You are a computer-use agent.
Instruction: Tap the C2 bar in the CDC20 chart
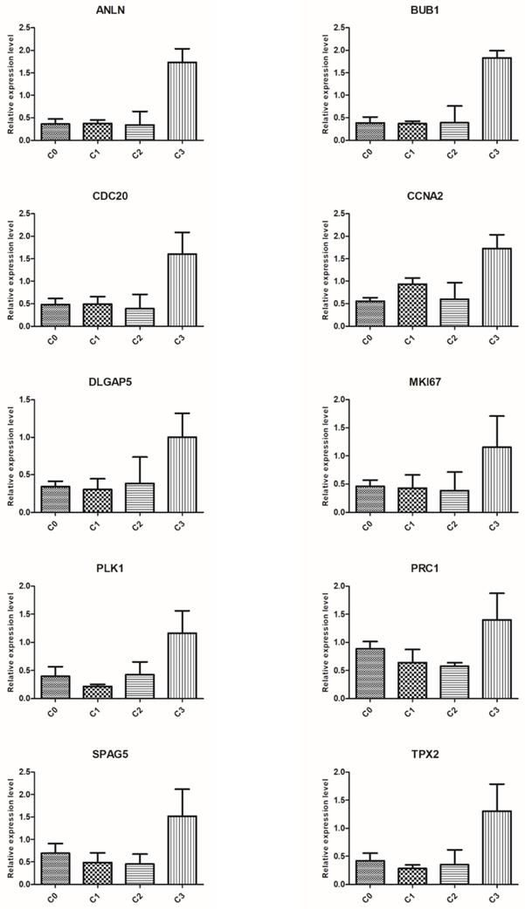(x=140, y=317)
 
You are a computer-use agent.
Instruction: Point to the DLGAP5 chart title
(x=96, y=383)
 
